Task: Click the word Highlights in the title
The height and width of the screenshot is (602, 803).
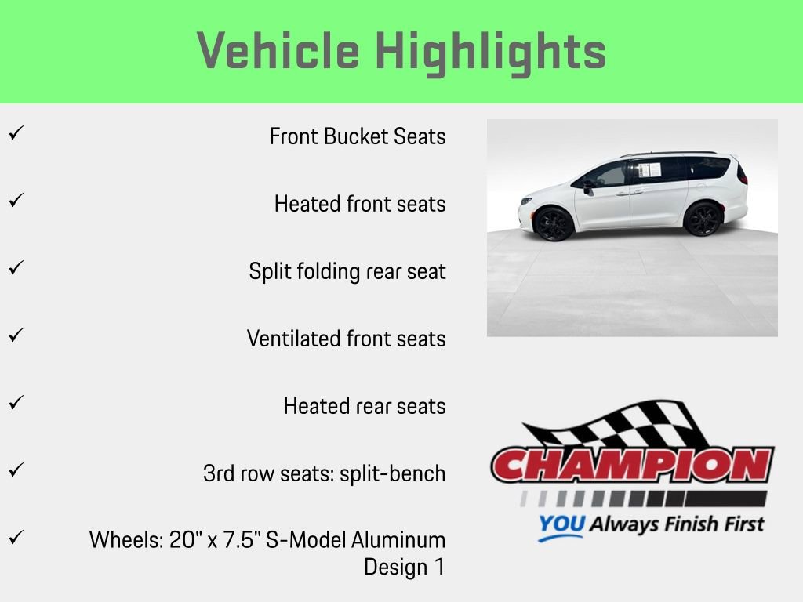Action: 491,52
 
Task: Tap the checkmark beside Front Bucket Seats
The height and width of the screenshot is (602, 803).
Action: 14,133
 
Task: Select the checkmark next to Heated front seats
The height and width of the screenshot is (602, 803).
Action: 14,201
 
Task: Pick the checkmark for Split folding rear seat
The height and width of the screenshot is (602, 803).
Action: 14,268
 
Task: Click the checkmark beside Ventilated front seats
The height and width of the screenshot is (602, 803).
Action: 14,335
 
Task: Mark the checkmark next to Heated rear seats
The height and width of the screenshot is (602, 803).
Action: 14,403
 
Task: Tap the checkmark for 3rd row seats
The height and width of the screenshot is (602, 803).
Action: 14,470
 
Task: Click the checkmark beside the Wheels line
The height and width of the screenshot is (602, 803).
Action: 14,538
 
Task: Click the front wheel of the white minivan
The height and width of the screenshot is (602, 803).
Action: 554,223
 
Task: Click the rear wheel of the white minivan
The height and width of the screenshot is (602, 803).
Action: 703,219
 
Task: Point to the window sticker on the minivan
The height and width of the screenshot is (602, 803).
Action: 649,170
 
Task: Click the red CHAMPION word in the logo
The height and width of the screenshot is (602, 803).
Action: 632,466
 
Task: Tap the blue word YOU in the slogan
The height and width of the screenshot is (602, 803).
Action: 561,524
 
